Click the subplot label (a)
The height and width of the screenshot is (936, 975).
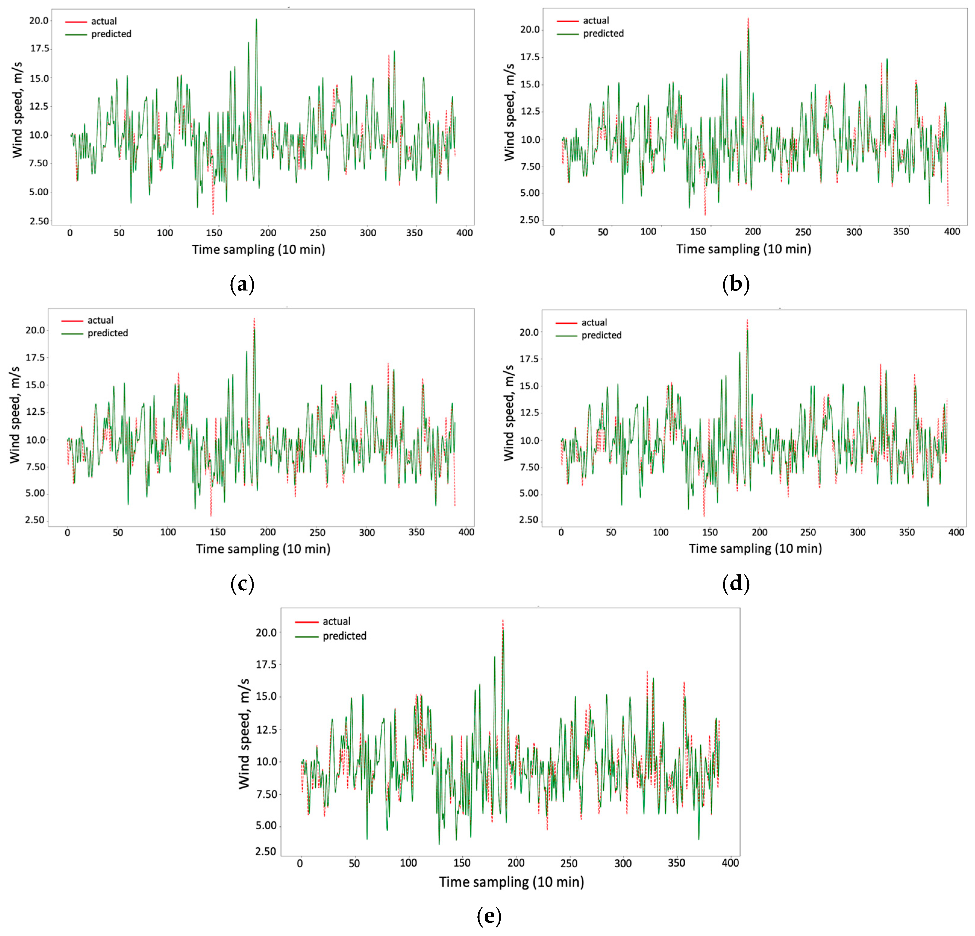tap(242, 285)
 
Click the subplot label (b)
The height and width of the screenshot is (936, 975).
tap(735, 285)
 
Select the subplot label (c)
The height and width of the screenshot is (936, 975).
tap(242, 584)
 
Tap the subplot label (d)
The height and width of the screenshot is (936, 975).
tap(735, 584)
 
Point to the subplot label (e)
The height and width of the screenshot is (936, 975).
tap(489, 916)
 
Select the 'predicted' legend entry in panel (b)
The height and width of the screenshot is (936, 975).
tap(603, 34)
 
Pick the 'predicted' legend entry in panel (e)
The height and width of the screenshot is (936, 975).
tap(344, 636)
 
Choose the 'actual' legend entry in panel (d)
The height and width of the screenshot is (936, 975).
tap(594, 322)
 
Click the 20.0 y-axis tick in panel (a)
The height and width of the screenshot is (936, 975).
tap(39, 21)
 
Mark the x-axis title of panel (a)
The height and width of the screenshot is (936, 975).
tap(259, 249)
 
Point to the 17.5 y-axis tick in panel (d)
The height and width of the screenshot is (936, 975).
tap(529, 359)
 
